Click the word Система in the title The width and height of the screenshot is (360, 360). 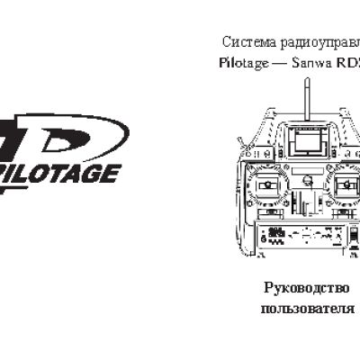[241, 42]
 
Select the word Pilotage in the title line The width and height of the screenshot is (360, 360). [242, 64]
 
